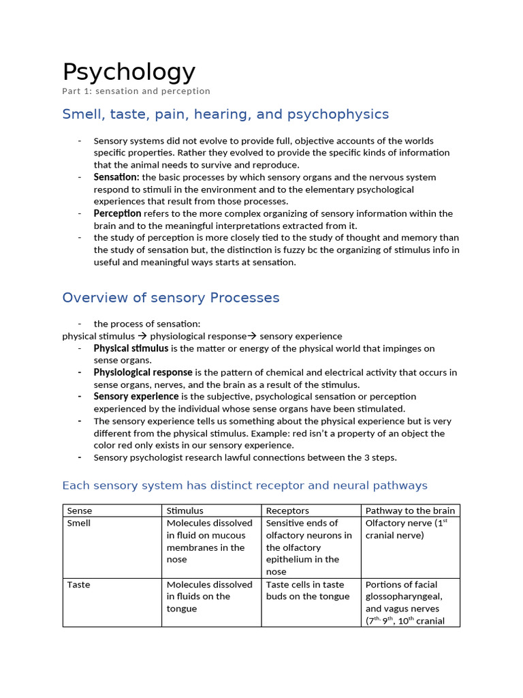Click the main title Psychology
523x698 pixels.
[129, 72]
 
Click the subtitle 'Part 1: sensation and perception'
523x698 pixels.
[136, 91]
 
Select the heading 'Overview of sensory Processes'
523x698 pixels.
[170, 298]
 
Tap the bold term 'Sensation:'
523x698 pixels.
[116, 177]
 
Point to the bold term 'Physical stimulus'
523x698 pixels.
[131, 348]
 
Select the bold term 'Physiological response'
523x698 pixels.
[143, 373]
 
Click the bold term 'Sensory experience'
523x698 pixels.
[136, 397]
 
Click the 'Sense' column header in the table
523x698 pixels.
[80, 511]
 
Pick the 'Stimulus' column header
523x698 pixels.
[185, 511]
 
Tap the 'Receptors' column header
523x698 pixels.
[287, 511]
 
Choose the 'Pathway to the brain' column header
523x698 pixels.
[410, 511]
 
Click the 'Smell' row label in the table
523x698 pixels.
[79, 523]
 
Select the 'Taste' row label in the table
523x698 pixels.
[78, 585]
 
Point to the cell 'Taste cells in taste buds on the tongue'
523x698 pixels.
[307, 591]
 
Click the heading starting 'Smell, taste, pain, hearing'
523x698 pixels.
[225, 114]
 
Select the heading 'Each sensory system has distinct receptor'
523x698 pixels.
[244, 485]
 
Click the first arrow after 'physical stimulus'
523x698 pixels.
[142, 337]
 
